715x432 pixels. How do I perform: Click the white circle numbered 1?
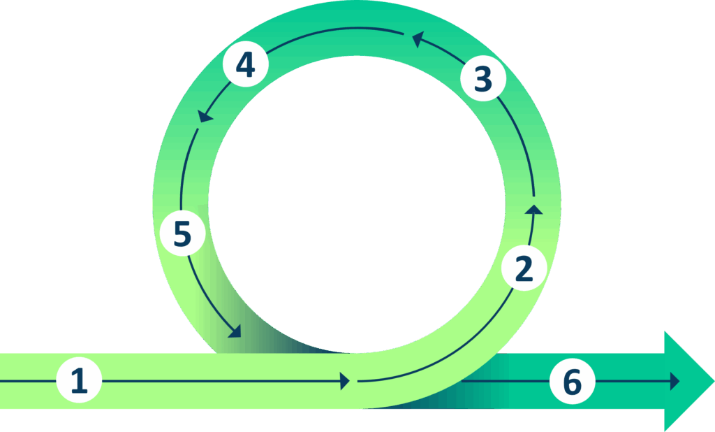80,381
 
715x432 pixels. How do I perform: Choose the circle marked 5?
182,233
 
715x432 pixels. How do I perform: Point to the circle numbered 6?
571,382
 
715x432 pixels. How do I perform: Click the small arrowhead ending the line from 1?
344,381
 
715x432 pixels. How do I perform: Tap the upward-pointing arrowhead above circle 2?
535,208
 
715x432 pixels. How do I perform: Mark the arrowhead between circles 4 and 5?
204,116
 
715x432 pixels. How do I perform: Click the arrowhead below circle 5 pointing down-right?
235,331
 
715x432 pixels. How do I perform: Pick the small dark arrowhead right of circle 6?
675,381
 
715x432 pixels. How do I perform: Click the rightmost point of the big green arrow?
712,382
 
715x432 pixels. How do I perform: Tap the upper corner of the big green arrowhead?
665,331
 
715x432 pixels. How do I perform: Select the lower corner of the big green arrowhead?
665,430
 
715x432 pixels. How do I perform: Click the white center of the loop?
357,203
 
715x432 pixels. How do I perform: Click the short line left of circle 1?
28,381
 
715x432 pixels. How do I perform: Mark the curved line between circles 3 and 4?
335,29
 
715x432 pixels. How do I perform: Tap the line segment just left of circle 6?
503,382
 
